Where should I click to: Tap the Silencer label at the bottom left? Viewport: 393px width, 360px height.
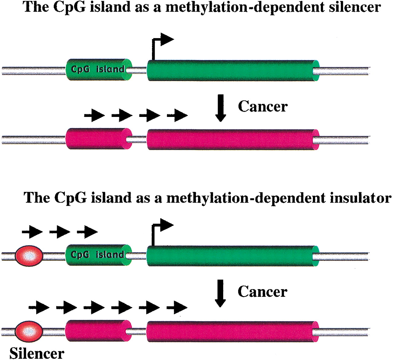click(37, 353)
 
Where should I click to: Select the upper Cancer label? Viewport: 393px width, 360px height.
click(263, 106)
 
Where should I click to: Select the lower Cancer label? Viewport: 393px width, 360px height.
click(263, 292)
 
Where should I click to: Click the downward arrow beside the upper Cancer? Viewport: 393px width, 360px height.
click(220, 108)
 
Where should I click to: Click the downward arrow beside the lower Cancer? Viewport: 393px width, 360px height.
click(220, 293)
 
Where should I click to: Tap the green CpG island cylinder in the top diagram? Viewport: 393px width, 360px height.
click(99, 69)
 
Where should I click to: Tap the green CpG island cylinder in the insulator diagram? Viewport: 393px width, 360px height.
click(98, 255)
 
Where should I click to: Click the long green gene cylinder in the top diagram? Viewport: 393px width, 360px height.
click(233, 71)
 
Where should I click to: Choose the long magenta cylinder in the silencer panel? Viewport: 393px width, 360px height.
click(233, 139)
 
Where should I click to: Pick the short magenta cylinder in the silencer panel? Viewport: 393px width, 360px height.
click(99, 138)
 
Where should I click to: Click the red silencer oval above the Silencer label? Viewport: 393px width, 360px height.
click(29, 331)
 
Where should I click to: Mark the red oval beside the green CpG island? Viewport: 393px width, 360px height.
click(29, 256)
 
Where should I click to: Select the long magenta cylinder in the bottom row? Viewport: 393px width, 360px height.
click(233, 331)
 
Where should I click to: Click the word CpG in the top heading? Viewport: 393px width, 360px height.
click(70, 7)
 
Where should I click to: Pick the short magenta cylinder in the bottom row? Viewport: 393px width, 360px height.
click(98, 331)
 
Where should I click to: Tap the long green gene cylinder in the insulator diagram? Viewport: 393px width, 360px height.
click(233, 256)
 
